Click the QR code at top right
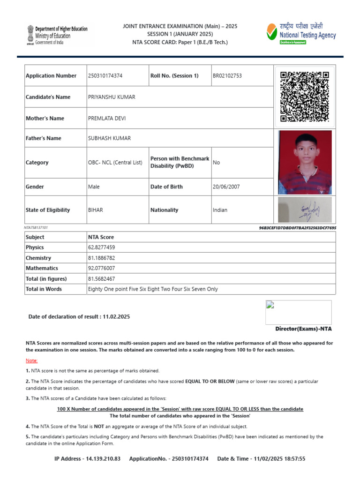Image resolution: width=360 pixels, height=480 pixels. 305,97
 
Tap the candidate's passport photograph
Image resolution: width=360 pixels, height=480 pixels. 305,162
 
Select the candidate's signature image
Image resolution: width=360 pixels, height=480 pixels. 305,210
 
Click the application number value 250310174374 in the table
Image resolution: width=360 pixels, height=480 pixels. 105,76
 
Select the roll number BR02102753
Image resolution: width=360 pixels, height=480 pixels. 227,76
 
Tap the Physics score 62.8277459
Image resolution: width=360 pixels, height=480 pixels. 102,247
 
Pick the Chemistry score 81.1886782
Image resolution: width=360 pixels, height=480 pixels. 102,258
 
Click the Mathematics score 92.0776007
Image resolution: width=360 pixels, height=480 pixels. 102,268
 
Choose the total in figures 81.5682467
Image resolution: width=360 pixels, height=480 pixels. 102,278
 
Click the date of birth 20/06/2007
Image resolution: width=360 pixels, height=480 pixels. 226,187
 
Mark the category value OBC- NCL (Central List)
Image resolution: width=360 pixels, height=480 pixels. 115,163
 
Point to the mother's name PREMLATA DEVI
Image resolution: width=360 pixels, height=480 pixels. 107,119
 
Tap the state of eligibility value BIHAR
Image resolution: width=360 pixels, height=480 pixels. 95,210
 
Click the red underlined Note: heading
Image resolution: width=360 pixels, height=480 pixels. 31,360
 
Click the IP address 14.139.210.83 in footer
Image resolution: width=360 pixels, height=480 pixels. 102,458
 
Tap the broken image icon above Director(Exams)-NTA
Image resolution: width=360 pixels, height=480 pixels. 270,305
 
